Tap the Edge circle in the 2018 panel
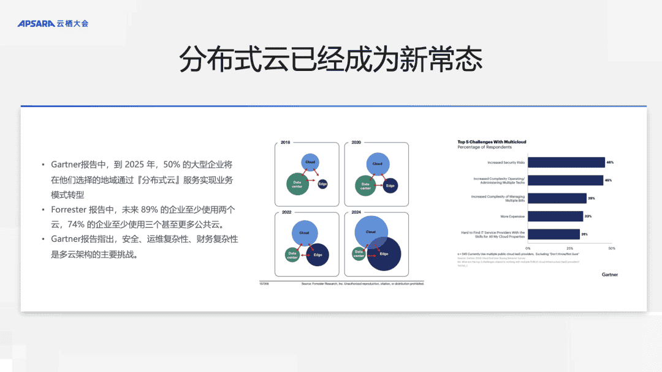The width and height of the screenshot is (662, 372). [x=322, y=184]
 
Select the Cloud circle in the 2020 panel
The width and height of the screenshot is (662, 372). [x=377, y=163]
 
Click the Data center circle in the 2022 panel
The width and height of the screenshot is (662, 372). [x=292, y=255]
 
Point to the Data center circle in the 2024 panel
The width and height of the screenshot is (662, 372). [x=359, y=253]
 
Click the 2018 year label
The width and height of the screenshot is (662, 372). [x=286, y=143]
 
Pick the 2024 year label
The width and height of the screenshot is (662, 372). [x=356, y=212]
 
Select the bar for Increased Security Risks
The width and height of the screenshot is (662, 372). [x=566, y=162]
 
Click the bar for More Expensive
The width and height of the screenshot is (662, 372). [x=555, y=216]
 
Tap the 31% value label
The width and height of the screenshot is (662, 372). [x=585, y=234]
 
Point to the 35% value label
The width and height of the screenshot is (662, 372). [x=592, y=198]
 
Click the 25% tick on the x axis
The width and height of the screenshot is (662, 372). [x=569, y=248]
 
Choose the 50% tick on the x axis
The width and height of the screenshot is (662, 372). [x=611, y=248]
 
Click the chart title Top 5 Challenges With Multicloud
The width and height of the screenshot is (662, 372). [x=492, y=142]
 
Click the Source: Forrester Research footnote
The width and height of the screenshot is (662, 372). [x=362, y=284]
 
